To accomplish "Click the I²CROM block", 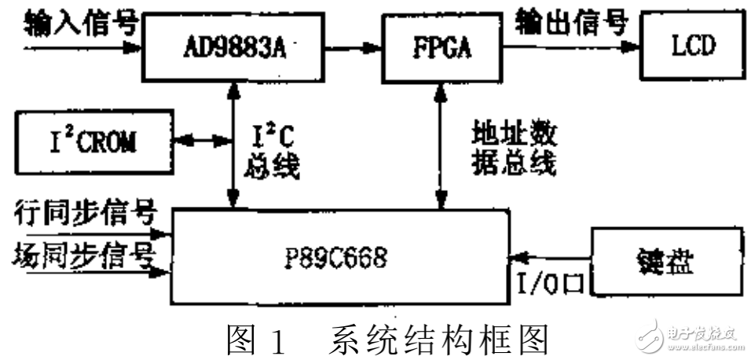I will pos(94,142).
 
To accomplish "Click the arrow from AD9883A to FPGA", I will pos(351,47).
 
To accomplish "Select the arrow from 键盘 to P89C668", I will pos(550,255).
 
